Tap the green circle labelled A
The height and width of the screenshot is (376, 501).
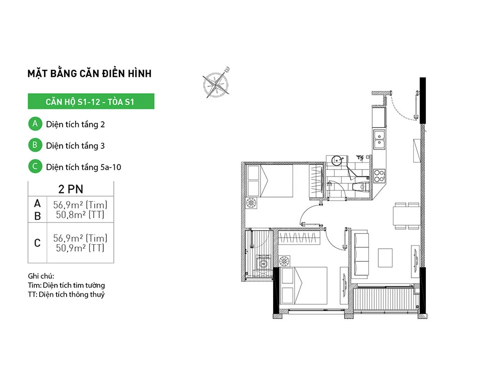click(x=35, y=124)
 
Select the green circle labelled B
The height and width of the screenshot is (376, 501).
click(x=35, y=145)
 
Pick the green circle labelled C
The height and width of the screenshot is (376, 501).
click(x=35, y=166)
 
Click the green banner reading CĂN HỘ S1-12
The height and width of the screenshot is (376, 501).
click(x=91, y=101)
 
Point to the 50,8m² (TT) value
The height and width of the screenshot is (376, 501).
click(x=80, y=215)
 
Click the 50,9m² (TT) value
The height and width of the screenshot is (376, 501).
click(x=80, y=248)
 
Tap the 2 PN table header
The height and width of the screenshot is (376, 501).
click(x=71, y=189)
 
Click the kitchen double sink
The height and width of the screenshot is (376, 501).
click(x=379, y=139)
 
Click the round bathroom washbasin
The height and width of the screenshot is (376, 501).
click(x=337, y=160)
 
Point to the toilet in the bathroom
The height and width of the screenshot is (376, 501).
click(x=360, y=186)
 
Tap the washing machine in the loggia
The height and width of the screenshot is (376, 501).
click(x=263, y=263)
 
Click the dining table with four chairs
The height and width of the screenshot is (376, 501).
click(x=406, y=216)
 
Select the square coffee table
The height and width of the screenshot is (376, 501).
click(x=385, y=258)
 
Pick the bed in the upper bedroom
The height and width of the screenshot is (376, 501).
click(x=270, y=180)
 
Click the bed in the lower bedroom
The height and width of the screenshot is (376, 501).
click(x=304, y=286)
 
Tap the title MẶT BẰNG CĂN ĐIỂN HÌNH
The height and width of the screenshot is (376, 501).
click(x=90, y=73)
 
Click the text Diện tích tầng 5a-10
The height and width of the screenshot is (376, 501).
click(x=84, y=167)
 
